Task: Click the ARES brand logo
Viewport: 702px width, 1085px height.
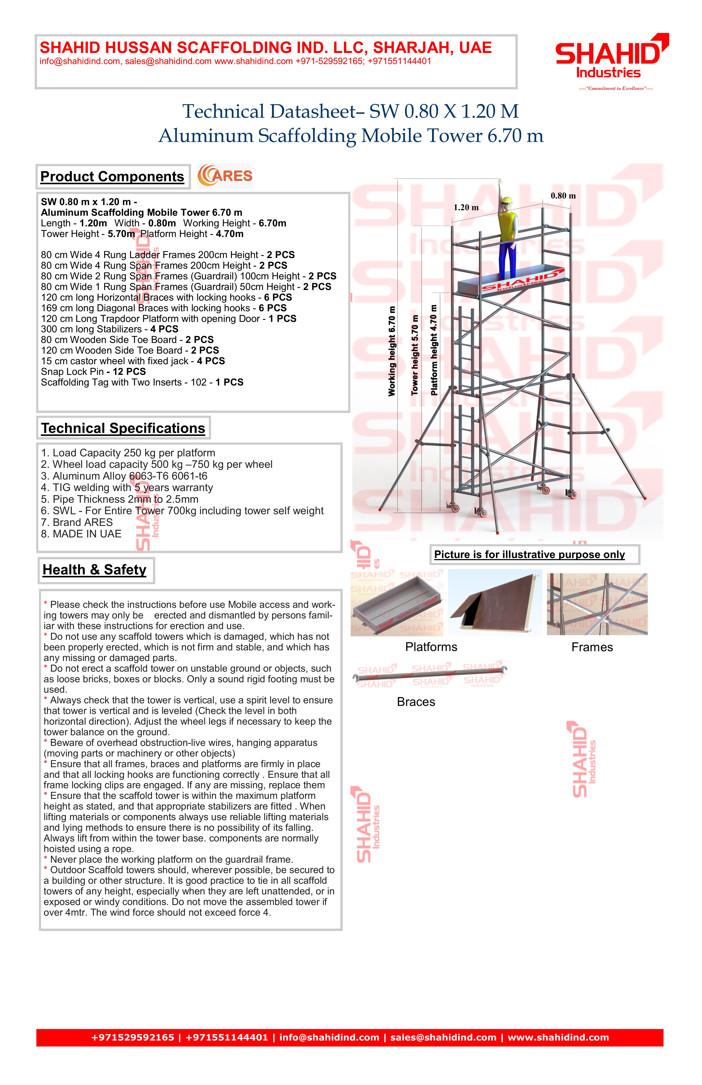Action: (225, 176)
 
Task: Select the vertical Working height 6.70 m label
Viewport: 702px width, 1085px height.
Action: (392, 351)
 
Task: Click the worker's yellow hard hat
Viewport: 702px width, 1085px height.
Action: (507, 201)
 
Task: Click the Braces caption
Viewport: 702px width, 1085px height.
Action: (416, 702)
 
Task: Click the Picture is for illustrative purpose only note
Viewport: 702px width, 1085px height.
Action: (529, 555)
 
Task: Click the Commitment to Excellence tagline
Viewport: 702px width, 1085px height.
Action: (615, 89)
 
